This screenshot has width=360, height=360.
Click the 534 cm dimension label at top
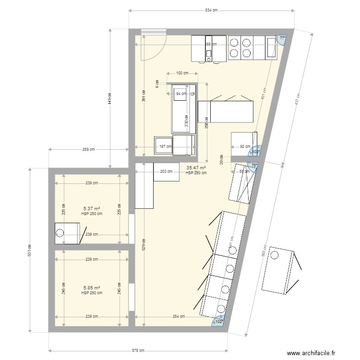(211, 10)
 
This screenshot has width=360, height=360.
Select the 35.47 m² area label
(196, 168)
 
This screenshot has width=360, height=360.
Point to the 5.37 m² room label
(92, 209)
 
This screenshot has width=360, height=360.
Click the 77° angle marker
(282, 38)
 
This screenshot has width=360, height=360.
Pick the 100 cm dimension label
(182, 73)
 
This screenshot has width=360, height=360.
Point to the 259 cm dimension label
(88, 150)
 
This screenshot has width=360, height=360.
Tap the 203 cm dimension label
(166, 171)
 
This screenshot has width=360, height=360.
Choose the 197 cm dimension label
(166, 147)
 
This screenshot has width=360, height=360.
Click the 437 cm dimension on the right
(297, 99)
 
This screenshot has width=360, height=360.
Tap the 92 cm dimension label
(245, 147)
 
